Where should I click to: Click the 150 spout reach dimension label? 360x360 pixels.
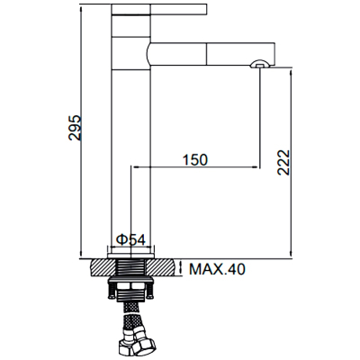click(195, 160)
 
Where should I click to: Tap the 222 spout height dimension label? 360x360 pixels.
click(283, 162)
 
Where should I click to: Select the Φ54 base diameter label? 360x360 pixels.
click(130, 239)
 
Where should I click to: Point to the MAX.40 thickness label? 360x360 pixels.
click(217, 269)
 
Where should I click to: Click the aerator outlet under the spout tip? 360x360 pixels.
click(260, 64)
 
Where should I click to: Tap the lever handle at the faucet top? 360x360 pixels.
click(159, 9)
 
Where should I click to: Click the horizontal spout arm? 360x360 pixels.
click(211, 54)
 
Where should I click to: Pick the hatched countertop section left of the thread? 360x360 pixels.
click(103, 267)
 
